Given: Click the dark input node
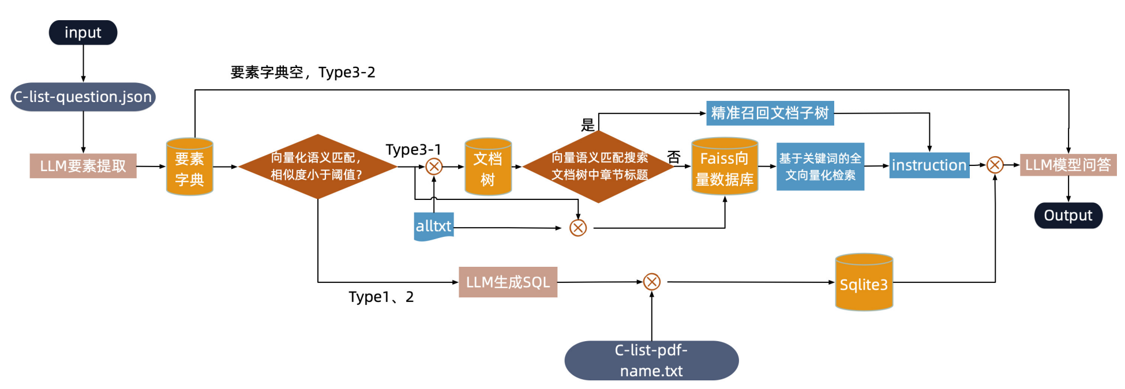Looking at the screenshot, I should click(83, 33).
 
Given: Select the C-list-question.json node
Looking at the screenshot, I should click(83, 97).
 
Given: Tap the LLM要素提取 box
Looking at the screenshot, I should click(83, 166).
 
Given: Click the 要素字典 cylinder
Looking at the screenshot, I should click(189, 167).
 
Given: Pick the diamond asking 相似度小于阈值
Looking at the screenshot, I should click(317, 167).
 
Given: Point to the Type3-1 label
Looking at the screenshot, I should click(413, 150).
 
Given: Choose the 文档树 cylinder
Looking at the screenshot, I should click(488, 167).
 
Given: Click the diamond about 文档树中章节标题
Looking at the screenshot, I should click(599, 167).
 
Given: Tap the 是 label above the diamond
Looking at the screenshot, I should click(587, 125).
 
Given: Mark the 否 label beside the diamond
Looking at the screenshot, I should click(674, 157).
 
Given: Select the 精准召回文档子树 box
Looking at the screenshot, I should click(770, 113).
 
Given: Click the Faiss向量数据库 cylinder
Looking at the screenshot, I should click(725, 167).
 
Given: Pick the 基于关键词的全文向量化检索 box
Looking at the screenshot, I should click(820, 167).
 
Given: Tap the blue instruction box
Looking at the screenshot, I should click(929, 165).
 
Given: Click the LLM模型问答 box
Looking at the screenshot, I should click(1068, 165).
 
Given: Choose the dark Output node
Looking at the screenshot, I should click(1068, 216).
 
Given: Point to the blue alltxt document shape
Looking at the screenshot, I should click(433, 226).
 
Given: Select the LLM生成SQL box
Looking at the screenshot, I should click(508, 282).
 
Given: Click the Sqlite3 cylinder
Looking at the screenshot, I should click(864, 283).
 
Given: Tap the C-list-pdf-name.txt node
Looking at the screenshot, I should click(651, 360).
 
